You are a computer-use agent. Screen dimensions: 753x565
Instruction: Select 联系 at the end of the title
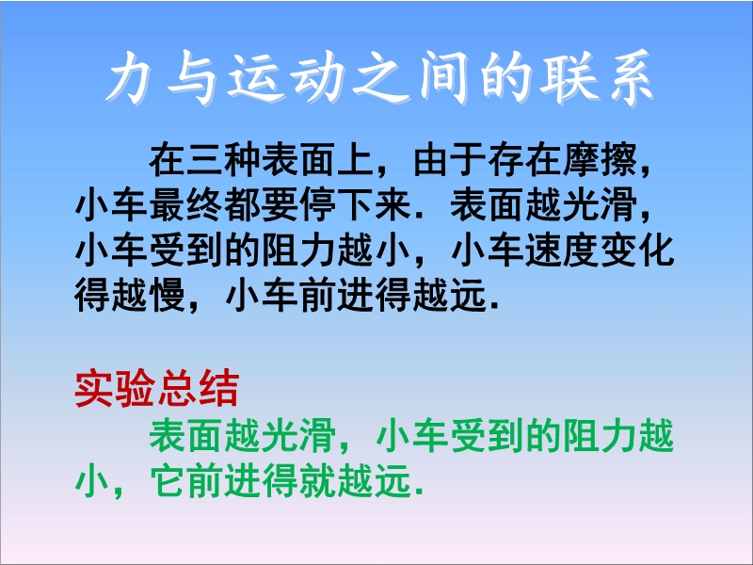(x=597, y=77)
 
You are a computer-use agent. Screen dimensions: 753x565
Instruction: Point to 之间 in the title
(x=410, y=77)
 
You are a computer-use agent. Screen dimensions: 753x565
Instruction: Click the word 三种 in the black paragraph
(x=224, y=160)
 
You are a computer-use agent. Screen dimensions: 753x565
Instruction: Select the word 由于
(x=450, y=160)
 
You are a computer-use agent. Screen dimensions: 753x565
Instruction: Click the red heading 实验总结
(x=157, y=389)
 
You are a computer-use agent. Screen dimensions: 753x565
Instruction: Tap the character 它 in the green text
(x=168, y=480)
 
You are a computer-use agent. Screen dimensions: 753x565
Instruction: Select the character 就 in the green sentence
(x=318, y=480)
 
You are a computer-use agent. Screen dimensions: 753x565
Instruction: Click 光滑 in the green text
(x=299, y=436)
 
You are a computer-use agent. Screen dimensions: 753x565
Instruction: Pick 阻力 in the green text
(x=600, y=436)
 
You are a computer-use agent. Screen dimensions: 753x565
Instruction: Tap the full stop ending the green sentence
(x=421, y=492)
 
